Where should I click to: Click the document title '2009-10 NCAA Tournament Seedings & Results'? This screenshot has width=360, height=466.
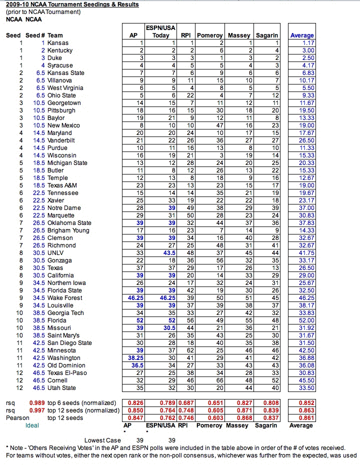click(72, 4)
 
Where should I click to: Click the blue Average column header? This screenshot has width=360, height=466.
click(302, 35)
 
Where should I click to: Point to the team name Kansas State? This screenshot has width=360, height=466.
click(66, 73)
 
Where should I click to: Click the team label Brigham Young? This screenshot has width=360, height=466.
click(68, 230)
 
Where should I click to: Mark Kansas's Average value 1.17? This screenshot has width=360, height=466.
click(308, 43)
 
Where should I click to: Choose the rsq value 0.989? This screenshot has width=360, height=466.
click(36, 403)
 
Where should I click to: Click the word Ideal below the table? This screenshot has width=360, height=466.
click(32, 425)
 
